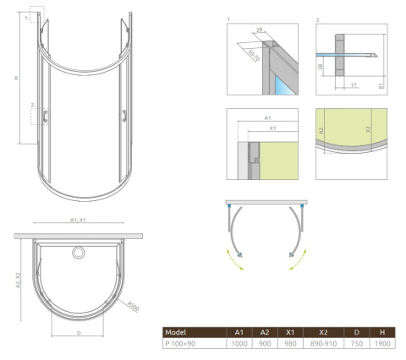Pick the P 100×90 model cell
pyautogui.click(x=180, y=344)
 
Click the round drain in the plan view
pyautogui.click(x=80, y=252)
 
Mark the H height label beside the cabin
pyautogui.click(x=16, y=78)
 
